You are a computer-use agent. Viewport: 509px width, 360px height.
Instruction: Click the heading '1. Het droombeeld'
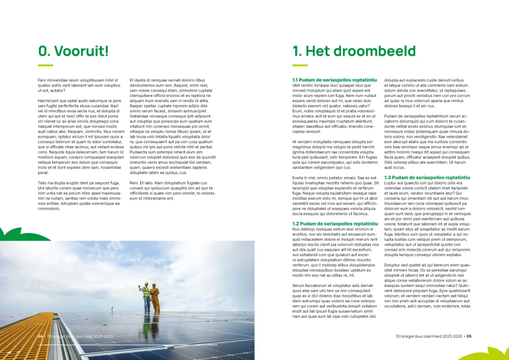click(353, 51)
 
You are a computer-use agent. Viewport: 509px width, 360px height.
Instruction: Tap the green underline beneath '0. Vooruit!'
click(45, 65)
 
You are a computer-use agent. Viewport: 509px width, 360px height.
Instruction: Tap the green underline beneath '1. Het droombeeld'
click(300, 65)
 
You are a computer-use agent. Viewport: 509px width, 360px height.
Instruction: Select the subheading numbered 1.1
click(335, 80)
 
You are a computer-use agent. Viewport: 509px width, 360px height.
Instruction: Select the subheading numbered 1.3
click(427, 178)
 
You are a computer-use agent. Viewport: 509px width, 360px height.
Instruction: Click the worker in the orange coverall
click(155, 297)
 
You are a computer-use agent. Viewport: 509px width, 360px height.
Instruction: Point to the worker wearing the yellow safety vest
click(146, 296)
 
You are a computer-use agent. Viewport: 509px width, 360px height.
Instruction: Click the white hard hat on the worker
click(146, 283)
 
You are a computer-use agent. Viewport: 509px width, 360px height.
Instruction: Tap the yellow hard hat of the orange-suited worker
click(154, 284)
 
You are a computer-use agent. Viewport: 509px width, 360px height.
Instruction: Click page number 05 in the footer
click(469, 337)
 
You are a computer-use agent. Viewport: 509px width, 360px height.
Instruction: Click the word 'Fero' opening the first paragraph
click(43, 80)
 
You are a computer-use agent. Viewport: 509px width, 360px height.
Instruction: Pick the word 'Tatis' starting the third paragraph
click(43, 183)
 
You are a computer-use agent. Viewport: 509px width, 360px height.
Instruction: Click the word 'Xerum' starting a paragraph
click(299, 285)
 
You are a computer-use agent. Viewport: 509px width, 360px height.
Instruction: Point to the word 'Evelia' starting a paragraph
click(299, 178)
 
